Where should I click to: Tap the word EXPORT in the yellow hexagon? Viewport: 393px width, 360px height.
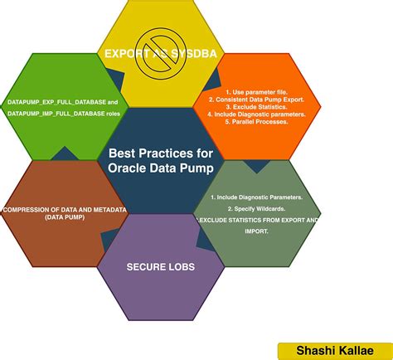pos(126,55)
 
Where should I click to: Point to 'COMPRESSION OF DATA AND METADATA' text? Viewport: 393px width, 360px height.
pos(64,210)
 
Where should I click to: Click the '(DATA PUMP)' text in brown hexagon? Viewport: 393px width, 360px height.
pos(64,217)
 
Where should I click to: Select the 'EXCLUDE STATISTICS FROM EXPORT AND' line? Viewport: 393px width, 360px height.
pos(257,221)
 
